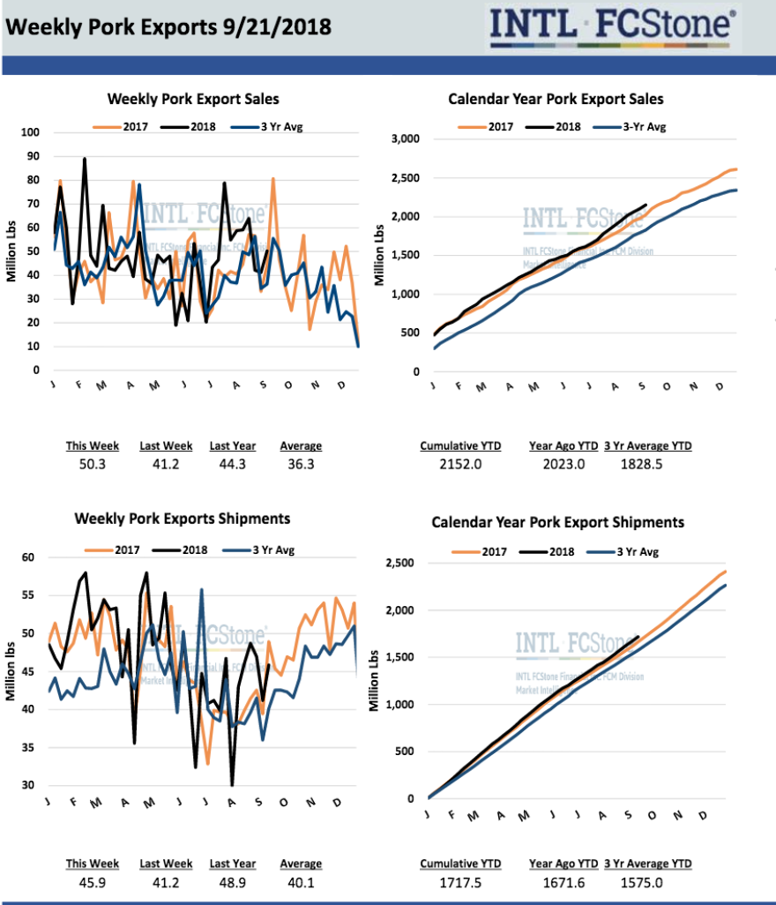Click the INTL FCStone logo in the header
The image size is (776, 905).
[614, 25]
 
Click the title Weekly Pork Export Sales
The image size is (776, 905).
[193, 100]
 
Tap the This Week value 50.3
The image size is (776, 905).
[93, 464]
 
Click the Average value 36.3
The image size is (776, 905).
[301, 464]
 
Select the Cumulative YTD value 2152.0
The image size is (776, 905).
[460, 464]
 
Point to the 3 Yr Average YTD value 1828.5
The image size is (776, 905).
[648, 464]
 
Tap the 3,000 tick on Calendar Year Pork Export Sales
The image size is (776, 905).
[403, 139]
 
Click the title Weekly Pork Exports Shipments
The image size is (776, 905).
[183, 519]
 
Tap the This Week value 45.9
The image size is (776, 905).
[93, 882]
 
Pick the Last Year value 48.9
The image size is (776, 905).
[233, 882]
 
